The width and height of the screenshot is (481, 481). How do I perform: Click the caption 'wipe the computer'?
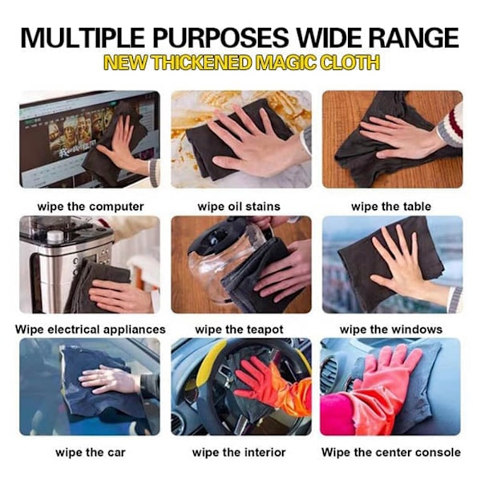click(x=91, y=207)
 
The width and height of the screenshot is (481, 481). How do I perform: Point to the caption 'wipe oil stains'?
click(x=239, y=207)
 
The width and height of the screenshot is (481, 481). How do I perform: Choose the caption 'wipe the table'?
click(x=391, y=207)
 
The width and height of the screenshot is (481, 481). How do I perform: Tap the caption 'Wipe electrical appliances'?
click(x=91, y=329)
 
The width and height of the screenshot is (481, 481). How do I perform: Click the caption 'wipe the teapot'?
click(x=239, y=329)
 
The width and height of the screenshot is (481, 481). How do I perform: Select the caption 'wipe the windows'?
click(x=391, y=329)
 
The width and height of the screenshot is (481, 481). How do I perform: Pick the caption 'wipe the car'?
click(x=91, y=452)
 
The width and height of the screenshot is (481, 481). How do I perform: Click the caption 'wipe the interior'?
click(x=239, y=452)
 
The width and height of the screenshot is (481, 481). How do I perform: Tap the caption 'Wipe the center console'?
click(x=391, y=452)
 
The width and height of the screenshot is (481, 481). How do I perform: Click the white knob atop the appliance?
click(x=55, y=235)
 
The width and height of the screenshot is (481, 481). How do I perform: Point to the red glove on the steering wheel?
click(x=270, y=383)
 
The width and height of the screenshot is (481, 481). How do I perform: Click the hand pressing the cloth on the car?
click(x=107, y=379)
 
